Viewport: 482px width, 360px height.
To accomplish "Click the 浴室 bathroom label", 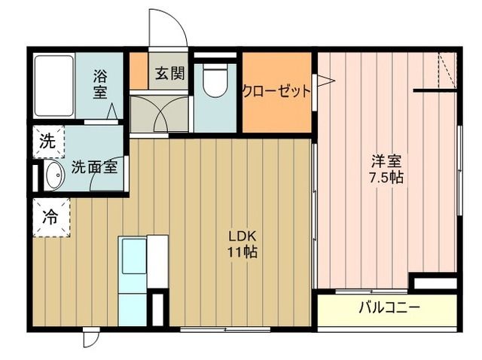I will (100, 84).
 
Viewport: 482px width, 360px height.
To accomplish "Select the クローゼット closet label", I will (276, 92).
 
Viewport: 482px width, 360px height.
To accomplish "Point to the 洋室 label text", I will (386, 161).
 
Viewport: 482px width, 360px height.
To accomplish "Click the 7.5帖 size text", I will (386, 178).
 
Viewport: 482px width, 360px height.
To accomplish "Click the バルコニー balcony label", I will (388, 307).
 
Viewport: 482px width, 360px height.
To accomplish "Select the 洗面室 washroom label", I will (94, 167).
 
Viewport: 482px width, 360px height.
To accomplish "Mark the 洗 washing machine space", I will (47, 141).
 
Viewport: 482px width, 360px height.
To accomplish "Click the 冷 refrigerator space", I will (50, 218).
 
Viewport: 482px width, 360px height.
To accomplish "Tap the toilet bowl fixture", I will (215, 81).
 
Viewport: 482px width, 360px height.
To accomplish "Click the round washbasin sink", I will (53, 176).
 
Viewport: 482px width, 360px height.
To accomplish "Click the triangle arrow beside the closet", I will (323, 81).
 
